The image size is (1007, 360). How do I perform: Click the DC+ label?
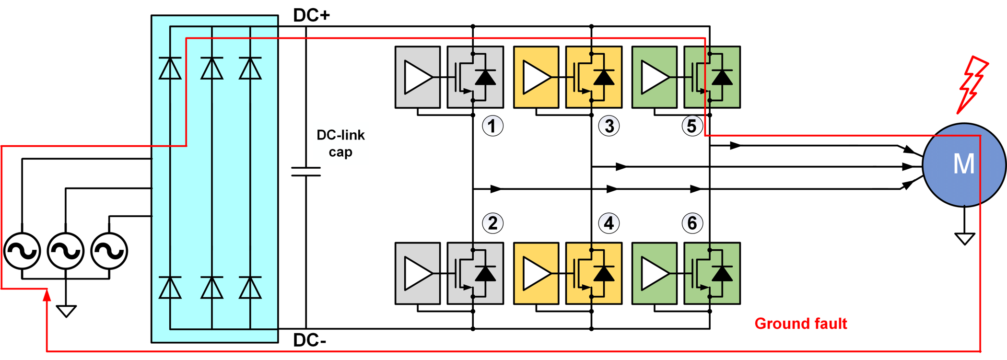[311, 15]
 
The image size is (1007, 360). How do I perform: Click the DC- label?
[310, 340]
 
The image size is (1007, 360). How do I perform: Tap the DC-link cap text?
[340, 143]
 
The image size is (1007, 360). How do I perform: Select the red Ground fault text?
[800, 324]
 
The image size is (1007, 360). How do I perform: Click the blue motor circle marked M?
[964, 164]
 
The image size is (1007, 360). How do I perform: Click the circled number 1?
[492, 126]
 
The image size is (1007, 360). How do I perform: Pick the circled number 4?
[609, 223]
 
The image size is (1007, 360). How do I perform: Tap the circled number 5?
[692, 126]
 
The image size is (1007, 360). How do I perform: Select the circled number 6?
[692, 223]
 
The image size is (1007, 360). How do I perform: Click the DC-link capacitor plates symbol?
[306, 172]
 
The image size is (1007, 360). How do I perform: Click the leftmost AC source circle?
[22, 251]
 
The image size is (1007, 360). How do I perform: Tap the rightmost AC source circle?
[109, 251]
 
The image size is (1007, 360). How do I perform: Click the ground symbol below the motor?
[964, 238]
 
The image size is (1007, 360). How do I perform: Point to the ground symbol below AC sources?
[66, 311]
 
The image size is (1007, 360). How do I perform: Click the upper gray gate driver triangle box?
[418, 77]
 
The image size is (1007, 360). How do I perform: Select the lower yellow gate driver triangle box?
[536, 274]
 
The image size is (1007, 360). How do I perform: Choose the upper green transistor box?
[712, 77]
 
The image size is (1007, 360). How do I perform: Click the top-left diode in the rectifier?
[170, 68]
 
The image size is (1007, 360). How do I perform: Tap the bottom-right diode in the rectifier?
[250, 288]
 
